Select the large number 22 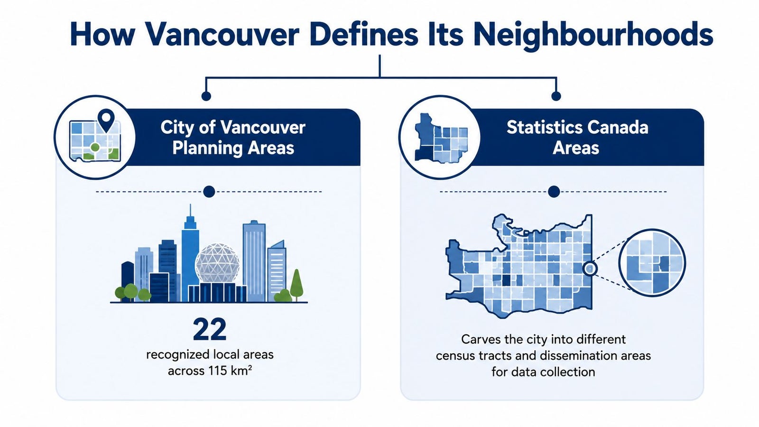pos(210,329)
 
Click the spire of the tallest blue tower pos(190,212)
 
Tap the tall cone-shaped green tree pos(296,285)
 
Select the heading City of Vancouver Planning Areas pos(233,138)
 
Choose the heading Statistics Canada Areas pos(577,138)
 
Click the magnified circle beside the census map pos(652,263)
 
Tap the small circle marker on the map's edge pos(590,269)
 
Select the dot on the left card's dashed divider pos(209,192)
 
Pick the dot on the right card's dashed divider pos(554,192)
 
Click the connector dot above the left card pos(206,96)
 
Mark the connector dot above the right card pos(556,96)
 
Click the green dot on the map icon pos(95,147)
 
